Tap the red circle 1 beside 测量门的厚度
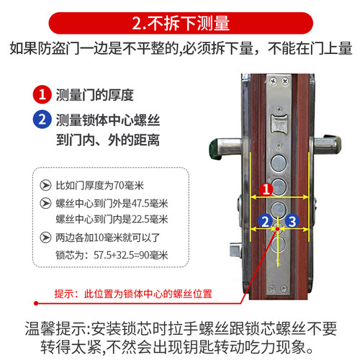(44, 94)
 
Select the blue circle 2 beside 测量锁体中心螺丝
(44, 120)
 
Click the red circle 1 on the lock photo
(266, 190)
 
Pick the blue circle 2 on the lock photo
(266, 221)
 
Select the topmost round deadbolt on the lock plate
(278, 162)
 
